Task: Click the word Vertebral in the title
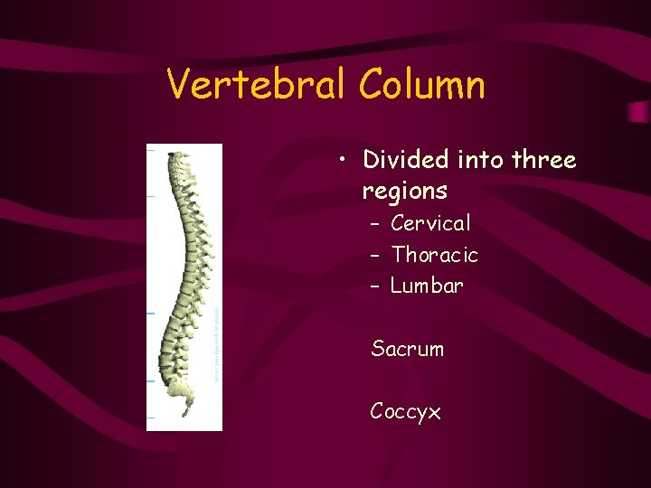257,85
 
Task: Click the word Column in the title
421,85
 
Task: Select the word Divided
406,160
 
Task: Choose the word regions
404,191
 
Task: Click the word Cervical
430,223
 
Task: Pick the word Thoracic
434,255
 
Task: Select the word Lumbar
427,286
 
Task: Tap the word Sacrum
407,349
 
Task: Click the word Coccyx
405,412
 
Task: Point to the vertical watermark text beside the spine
217,343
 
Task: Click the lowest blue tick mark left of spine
150,418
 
